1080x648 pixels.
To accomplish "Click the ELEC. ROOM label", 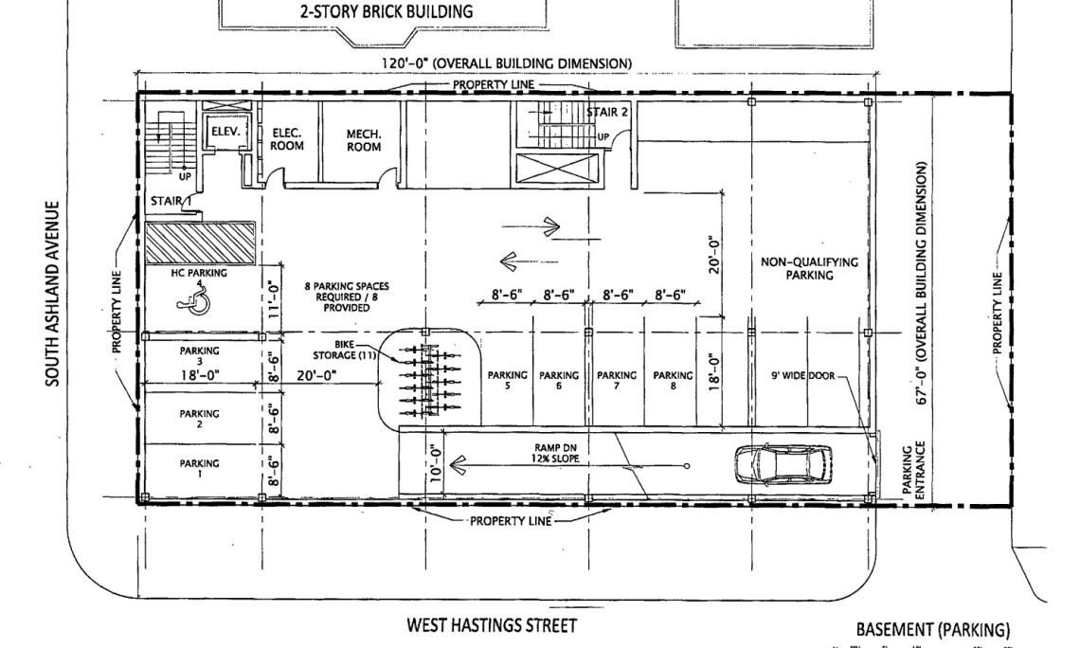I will [x=286, y=140].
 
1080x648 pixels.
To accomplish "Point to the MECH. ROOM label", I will [x=364, y=140].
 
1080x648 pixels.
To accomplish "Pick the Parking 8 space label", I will [x=674, y=380].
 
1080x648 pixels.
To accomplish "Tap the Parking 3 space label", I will [x=199, y=356].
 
